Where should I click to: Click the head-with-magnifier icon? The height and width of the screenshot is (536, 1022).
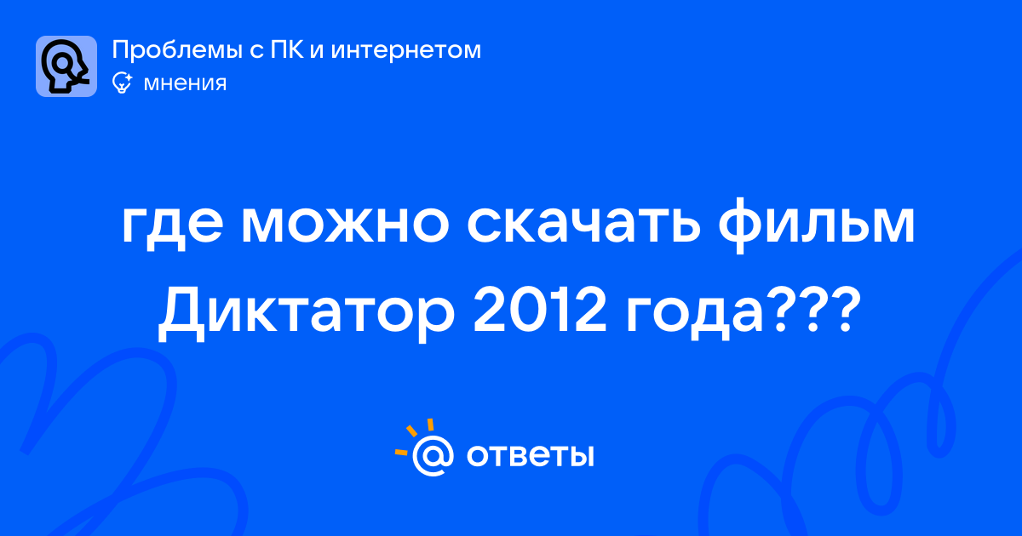pyautogui.click(x=66, y=66)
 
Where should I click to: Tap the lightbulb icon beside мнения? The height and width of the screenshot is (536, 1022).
pyautogui.click(x=122, y=83)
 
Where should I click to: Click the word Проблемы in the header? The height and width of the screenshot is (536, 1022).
pyautogui.click(x=177, y=50)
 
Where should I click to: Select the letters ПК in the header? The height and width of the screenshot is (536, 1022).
pyautogui.click(x=286, y=49)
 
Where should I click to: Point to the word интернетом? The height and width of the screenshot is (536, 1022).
pyautogui.click(x=405, y=49)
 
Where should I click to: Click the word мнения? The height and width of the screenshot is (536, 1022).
pyautogui.click(x=185, y=83)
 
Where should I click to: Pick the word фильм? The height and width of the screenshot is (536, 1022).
pyautogui.click(x=817, y=225)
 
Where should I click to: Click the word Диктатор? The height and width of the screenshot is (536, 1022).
pyautogui.click(x=306, y=315)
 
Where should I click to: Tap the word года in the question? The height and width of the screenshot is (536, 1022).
pyautogui.click(x=694, y=316)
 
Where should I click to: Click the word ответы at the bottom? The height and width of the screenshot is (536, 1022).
pyautogui.click(x=530, y=455)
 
